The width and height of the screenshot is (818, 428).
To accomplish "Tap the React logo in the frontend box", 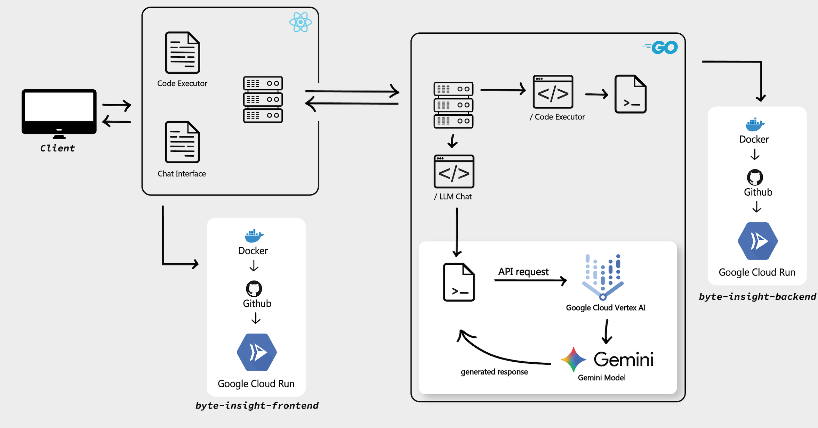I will tap(300, 22).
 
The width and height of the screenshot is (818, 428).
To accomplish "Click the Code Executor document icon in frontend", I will tap(183, 52).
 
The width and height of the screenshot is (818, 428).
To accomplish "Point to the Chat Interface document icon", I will tap(183, 142).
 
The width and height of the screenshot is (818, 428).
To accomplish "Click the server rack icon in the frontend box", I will tap(263, 99).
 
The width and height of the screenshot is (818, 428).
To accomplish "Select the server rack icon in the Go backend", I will tap(454, 105).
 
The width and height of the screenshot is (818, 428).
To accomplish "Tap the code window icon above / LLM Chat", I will tap(454, 172).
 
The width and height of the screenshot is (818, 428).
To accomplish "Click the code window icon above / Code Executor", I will tap(553, 92).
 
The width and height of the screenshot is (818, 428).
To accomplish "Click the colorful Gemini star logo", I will tap(574, 360).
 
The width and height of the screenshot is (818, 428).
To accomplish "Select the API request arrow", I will tap(530, 280).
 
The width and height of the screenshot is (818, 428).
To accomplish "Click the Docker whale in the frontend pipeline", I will tap(254, 236).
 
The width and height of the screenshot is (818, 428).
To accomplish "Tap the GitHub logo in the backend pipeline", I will tap(755, 177).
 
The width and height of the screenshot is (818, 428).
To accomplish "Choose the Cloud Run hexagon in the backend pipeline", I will tap(758, 241).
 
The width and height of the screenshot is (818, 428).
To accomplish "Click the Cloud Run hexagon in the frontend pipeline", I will tap(257, 352).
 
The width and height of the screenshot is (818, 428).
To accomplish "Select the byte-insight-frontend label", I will tap(257, 405).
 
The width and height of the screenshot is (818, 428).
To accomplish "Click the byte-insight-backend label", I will tap(757, 296).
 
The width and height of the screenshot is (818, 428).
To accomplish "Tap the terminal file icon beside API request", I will tap(459, 282).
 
